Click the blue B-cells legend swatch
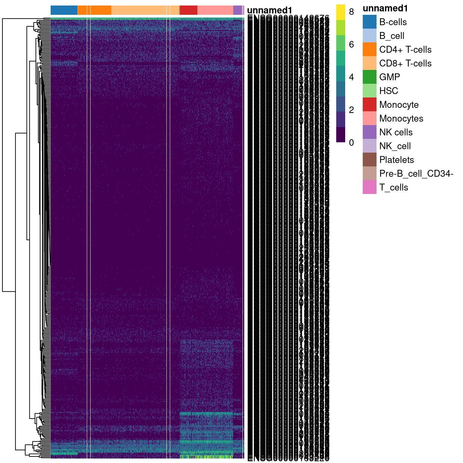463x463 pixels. point(369,22)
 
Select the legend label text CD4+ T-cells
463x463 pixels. point(405,50)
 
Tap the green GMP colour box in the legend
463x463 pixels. point(369,77)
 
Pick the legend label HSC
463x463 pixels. point(388,91)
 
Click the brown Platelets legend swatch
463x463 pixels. point(369,160)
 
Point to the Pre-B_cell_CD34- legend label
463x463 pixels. point(416,174)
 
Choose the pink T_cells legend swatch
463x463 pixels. point(369,187)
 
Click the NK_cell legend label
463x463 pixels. point(395,146)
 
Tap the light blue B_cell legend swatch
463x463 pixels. point(369,35)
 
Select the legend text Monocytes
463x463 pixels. point(401,119)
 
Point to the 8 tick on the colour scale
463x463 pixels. point(351,12)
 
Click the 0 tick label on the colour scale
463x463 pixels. point(351,143)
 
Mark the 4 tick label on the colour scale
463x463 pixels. point(351,77)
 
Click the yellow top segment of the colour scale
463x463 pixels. point(340,12)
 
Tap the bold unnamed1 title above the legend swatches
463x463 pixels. point(385,9)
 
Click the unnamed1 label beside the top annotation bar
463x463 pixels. point(269,11)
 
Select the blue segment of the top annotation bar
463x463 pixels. point(64,10)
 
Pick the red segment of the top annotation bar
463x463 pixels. point(188,10)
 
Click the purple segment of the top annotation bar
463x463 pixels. point(237,10)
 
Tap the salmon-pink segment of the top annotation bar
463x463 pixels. point(215,10)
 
